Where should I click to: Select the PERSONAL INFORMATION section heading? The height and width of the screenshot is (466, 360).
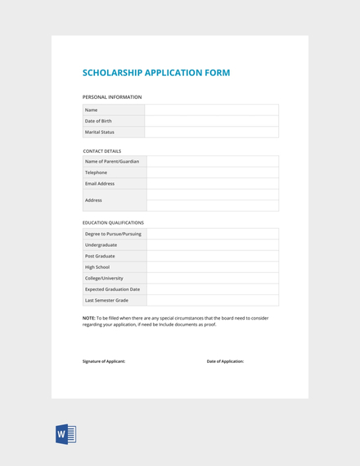[111, 97]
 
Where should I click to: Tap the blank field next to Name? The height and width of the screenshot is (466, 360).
[211, 110]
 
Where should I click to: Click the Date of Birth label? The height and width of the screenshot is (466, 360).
[98, 121]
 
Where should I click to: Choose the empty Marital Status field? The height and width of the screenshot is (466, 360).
[211, 132]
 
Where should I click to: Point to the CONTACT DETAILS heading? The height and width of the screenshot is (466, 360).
[101, 150]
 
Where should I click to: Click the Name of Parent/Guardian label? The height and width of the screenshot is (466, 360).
[112, 161]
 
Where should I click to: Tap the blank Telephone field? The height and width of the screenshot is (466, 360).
[212, 173]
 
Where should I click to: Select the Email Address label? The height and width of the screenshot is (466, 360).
[100, 184]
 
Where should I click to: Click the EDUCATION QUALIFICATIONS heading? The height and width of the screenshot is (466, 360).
[113, 222]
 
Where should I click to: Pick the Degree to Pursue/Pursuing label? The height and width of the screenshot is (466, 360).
[113, 234]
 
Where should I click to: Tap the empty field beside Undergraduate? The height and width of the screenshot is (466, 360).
[212, 244]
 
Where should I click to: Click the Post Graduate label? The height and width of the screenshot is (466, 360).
[101, 256]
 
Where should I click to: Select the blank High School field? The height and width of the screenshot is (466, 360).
[212, 267]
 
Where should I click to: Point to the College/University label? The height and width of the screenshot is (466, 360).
[104, 278]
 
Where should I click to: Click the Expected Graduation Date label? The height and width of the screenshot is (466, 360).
[112, 289]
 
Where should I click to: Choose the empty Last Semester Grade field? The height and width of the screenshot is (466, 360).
[212, 300]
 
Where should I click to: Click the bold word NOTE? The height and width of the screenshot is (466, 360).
[89, 318]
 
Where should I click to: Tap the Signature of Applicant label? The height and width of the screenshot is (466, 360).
[104, 361]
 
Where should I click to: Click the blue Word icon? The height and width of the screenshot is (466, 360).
[65, 434]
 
